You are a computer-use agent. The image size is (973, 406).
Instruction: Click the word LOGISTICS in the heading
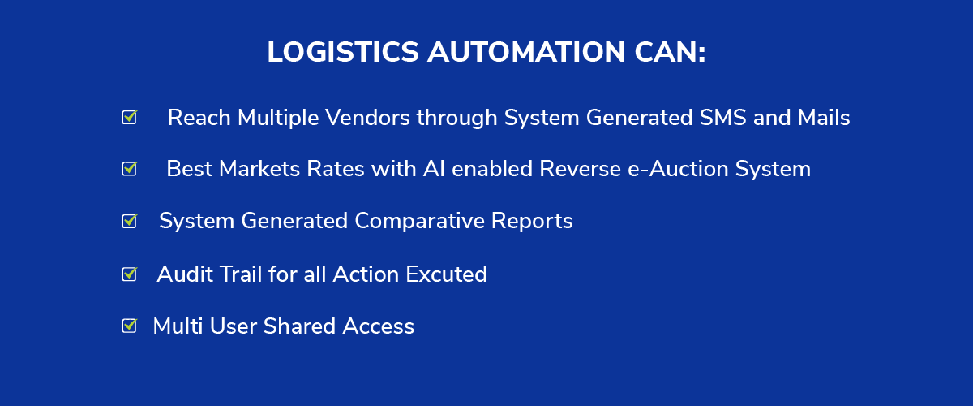[x=343, y=52]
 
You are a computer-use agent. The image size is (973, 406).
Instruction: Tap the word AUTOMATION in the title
[x=526, y=52]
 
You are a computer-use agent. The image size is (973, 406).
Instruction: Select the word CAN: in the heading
[x=671, y=52]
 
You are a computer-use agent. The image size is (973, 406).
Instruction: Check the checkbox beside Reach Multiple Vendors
[x=130, y=117]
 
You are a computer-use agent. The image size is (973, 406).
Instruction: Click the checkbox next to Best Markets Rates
[x=130, y=168]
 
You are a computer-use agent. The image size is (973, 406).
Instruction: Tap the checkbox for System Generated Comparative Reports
[x=130, y=221]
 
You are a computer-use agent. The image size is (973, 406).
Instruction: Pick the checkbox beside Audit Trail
[x=130, y=274]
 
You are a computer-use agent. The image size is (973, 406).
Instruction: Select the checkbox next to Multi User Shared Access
[x=130, y=325]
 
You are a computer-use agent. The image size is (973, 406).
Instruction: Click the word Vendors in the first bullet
[x=367, y=118]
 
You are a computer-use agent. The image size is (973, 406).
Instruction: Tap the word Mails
[x=824, y=118]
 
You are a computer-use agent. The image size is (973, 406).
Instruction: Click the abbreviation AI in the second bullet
[x=434, y=169]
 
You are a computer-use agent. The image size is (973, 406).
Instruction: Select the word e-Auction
[x=678, y=169]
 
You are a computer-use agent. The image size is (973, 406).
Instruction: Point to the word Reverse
[x=580, y=169]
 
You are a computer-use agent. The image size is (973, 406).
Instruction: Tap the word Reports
[x=532, y=222]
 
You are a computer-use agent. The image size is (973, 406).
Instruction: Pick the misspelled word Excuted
[x=446, y=274]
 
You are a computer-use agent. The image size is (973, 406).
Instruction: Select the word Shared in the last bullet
[x=299, y=326]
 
